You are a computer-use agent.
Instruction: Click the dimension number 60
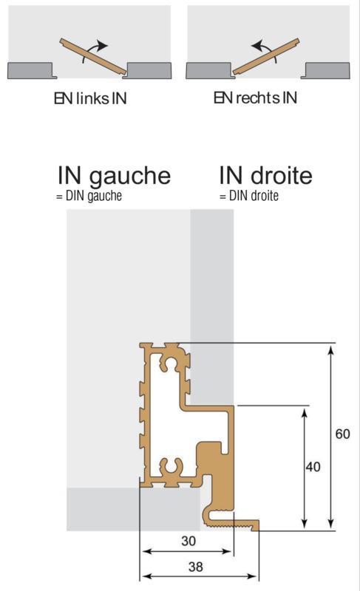tap(342, 434)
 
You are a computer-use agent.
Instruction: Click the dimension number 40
tap(313, 467)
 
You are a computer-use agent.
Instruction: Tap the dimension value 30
tap(189, 541)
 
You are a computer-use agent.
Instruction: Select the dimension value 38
tap(196, 567)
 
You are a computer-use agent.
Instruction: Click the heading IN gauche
tap(115, 177)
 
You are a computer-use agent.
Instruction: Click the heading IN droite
tap(266, 175)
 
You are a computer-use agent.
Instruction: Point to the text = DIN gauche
tap(89, 196)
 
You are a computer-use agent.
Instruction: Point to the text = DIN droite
tap(249, 196)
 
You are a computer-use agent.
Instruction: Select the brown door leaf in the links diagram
tap(92, 56)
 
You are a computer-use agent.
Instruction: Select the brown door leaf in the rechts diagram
tap(266, 56)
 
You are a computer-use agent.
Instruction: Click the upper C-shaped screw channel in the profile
tap(170, 363)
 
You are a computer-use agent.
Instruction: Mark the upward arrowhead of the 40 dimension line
tap(305, 413)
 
